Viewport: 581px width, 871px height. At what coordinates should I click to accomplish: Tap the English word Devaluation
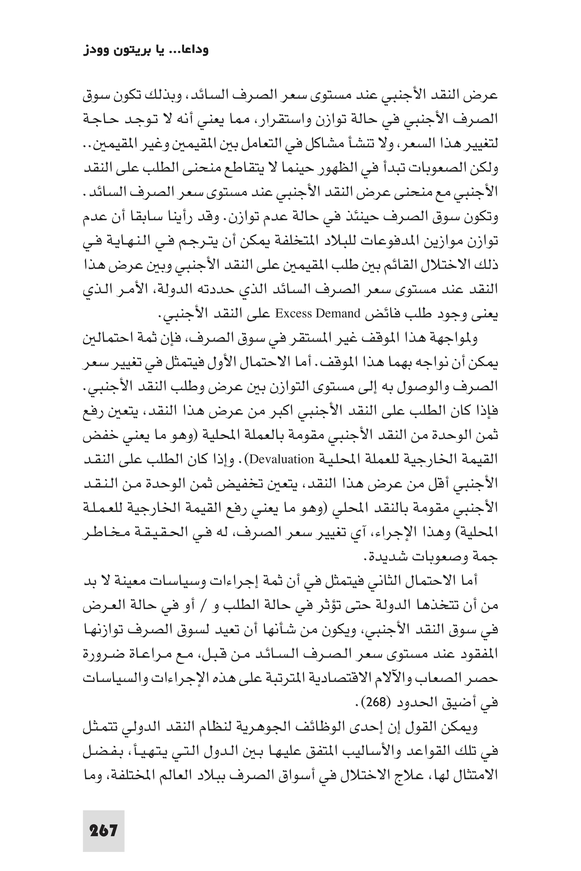281,459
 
